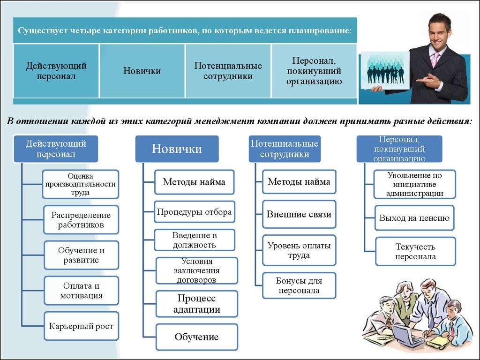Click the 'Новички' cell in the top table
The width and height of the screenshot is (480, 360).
coord(142,71)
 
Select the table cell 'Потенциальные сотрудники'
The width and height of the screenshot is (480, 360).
coord(228,71)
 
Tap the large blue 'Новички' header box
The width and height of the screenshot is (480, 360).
coord(177,149)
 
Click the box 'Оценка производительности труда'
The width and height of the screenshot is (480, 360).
coord(80,184)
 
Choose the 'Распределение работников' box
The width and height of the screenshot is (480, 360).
coord(81,220)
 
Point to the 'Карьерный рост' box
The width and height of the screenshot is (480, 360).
coord(81,326)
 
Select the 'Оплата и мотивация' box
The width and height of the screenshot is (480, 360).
coord(81,291)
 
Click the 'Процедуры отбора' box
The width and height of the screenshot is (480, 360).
coord(194,212)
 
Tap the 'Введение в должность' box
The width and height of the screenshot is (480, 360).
coord(194,240)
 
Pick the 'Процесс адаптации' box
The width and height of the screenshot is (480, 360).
coord(196,304)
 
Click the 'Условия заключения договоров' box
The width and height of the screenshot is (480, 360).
coord(196,270)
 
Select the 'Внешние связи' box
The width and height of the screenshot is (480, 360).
coord(299,214)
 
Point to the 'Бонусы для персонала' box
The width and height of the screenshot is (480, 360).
coord(299,285)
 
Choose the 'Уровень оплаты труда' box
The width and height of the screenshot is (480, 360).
coord(299,250)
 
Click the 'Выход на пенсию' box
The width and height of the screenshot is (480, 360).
coord(414,218)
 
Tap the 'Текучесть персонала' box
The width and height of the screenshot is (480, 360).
coord(415,251)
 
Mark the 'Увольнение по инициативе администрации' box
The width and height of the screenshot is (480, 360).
coord(414,184)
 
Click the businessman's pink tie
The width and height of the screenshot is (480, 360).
coord(435,58)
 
